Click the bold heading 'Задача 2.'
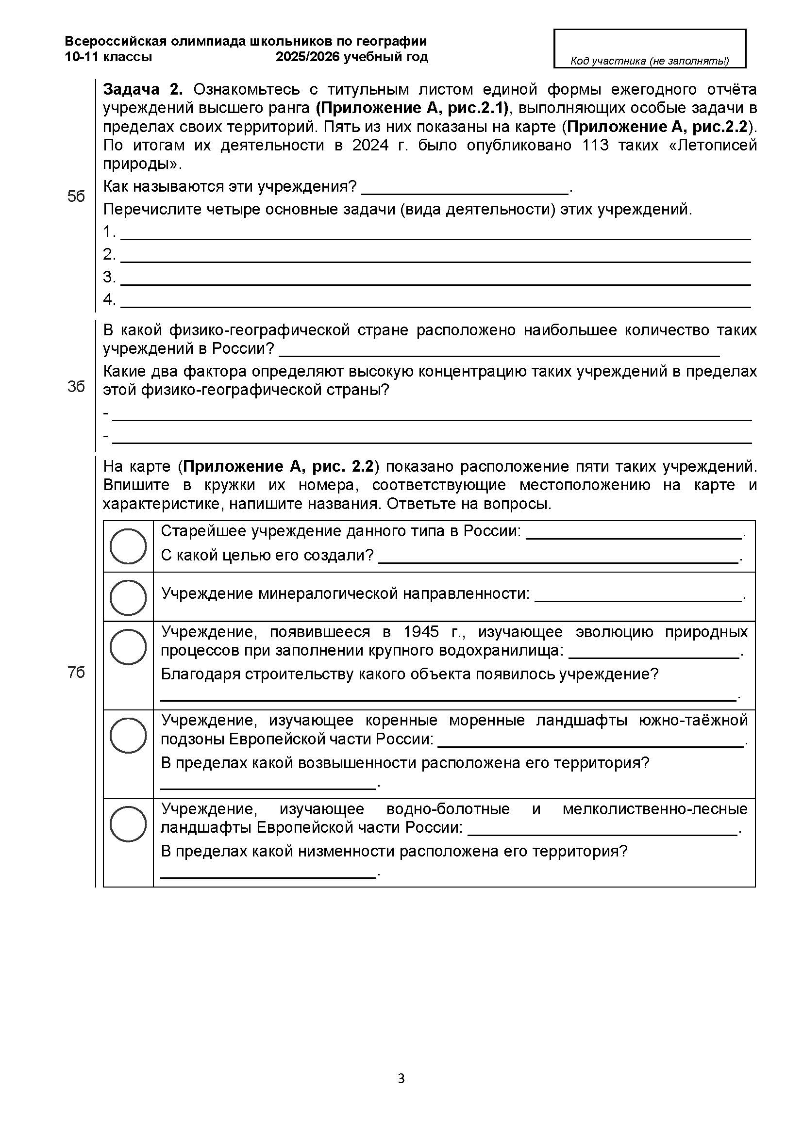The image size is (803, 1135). [x=142, y=89]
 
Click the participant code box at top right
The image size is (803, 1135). [x=649, y=48]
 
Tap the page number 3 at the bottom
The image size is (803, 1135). [x=401, y=1078]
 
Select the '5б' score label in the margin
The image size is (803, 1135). [x=76, y=197]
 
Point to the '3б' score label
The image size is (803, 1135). [x=76, y=387]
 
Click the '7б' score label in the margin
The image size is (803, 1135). [x=76, y=672]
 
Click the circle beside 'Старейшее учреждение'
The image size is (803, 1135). [x=128, y=546]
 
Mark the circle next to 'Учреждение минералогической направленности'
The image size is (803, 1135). [x=128, y=597]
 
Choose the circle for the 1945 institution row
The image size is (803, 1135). [x=128, y=646]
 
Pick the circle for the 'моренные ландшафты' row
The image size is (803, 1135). [x=128, y=735]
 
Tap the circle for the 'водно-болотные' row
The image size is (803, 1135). [x=128, y=823]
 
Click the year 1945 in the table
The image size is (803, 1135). [x=421, y=632]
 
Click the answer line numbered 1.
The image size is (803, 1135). [x=435, y=235]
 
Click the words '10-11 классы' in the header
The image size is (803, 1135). [x=108, y=57]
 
